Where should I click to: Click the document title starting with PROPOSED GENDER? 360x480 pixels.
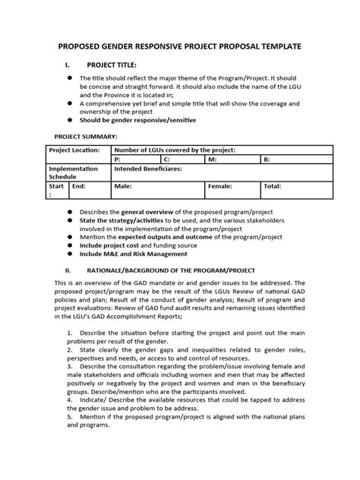coord(180,46)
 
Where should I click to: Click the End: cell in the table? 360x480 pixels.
coord(79,185)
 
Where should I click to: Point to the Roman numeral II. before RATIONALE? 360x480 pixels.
coord(68,270)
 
